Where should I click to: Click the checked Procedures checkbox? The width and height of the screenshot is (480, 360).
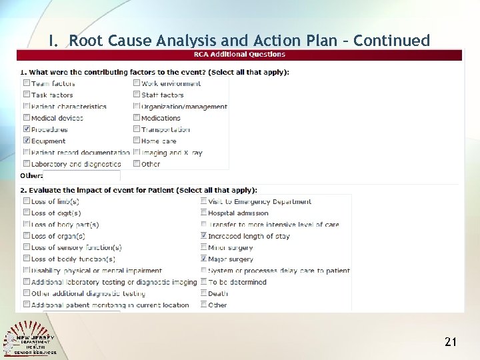[x=27, y=129]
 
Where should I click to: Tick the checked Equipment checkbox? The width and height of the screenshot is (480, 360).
[x=27, y=141]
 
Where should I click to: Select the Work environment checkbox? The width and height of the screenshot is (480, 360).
[x=137, y=83]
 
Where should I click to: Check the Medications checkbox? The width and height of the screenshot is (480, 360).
[x=137, y=118]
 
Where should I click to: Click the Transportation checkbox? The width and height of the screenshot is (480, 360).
[x=137, y=129]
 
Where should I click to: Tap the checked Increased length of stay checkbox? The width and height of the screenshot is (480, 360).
[x=203, y=236]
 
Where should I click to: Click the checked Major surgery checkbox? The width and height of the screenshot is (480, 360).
[x=203, y=259]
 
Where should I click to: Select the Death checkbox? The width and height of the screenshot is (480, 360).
[x=203, y=293]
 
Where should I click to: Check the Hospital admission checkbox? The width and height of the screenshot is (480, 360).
[x=203, y=213]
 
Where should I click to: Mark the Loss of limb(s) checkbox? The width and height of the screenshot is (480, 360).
[x=27, y=201]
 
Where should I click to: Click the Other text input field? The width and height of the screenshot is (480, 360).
[x=81, y=176]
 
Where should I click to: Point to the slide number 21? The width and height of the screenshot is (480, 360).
[x=451, y=342]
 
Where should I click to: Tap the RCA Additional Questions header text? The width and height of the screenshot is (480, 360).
[x=239, y=55]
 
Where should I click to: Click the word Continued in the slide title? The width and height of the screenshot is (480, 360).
[x=392, y=41]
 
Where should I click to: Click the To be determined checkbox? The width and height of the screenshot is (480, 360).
[x=203, y=282]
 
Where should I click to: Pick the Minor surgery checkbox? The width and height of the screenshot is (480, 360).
[x=203, y=247]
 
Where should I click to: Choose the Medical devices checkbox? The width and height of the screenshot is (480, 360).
[x=27, y=118]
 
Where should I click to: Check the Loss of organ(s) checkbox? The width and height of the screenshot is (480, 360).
[x=27, y=236]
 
